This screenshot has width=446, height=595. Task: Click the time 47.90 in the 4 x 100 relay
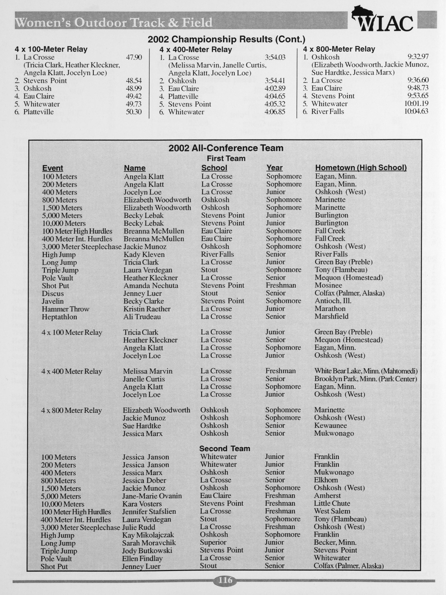(134, 57)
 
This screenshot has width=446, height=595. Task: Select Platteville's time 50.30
(134, 112)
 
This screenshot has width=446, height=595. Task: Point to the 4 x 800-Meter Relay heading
(339, 49)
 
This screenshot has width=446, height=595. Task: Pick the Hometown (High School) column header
(361, 168)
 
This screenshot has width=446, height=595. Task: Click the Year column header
(274, 168)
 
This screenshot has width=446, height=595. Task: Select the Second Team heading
(225, 448)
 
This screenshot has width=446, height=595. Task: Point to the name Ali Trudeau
(142, 317)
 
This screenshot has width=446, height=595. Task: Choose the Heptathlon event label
(59, 317)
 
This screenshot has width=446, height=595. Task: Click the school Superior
(213, 542)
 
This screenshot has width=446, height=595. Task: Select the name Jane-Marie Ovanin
(152, 496)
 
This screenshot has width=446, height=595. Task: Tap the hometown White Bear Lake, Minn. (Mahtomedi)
(366, 371)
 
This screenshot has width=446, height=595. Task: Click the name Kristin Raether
(147, 309)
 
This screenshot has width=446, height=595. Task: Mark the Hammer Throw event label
(65, 309)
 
